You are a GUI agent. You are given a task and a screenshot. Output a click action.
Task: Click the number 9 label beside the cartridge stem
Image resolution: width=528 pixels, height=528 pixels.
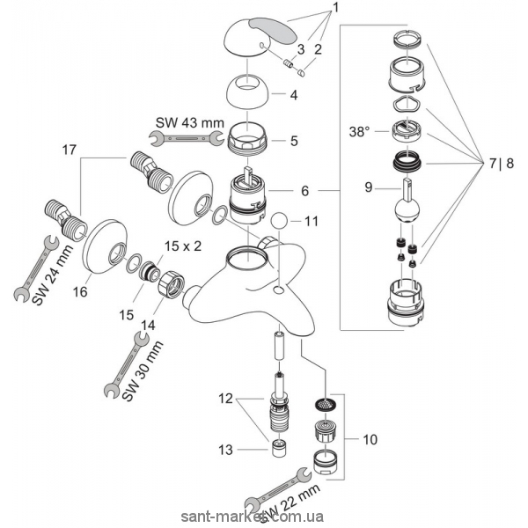coord(370,187)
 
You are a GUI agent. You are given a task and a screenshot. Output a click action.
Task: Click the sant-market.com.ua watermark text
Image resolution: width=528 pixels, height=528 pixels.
coord(264,517)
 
